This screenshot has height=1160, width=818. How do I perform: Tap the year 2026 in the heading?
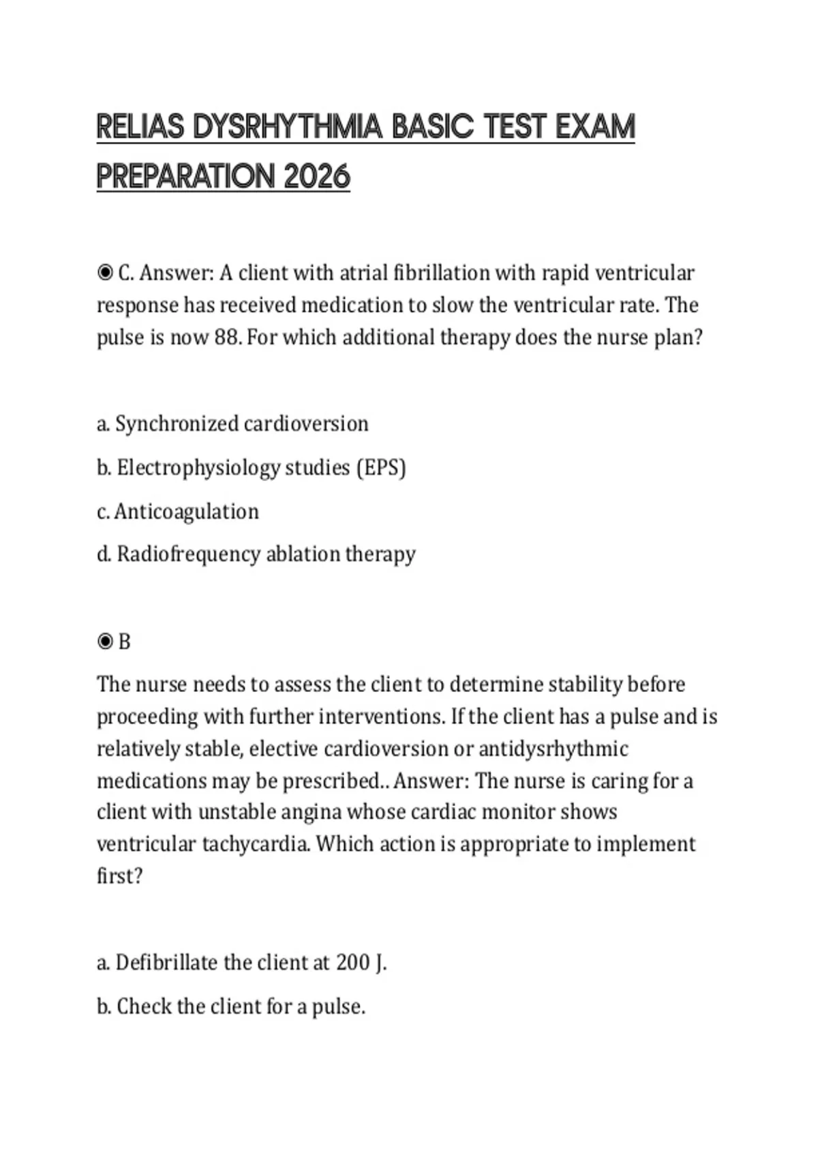point(316,177)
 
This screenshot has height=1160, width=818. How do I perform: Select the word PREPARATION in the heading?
point(185,177)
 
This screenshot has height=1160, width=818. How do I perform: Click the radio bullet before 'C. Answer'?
point(105,274)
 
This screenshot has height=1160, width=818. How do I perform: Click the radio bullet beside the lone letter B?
point(105,641)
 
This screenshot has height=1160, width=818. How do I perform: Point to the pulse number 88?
point(226,337)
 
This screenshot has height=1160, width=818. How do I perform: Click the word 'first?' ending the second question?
point(119,875)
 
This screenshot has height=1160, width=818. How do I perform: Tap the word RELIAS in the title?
point(140,128)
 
